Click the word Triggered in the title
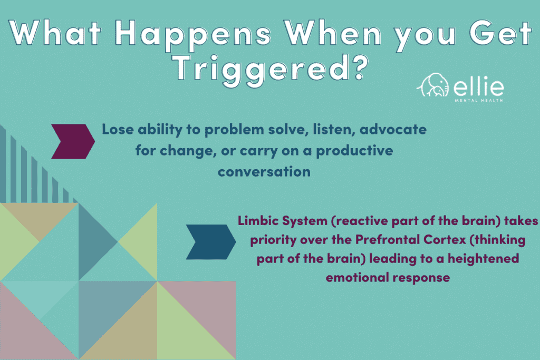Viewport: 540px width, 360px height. [261, 69]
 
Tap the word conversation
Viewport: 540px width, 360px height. [264, 172]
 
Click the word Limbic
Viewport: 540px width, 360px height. [260, 221]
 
